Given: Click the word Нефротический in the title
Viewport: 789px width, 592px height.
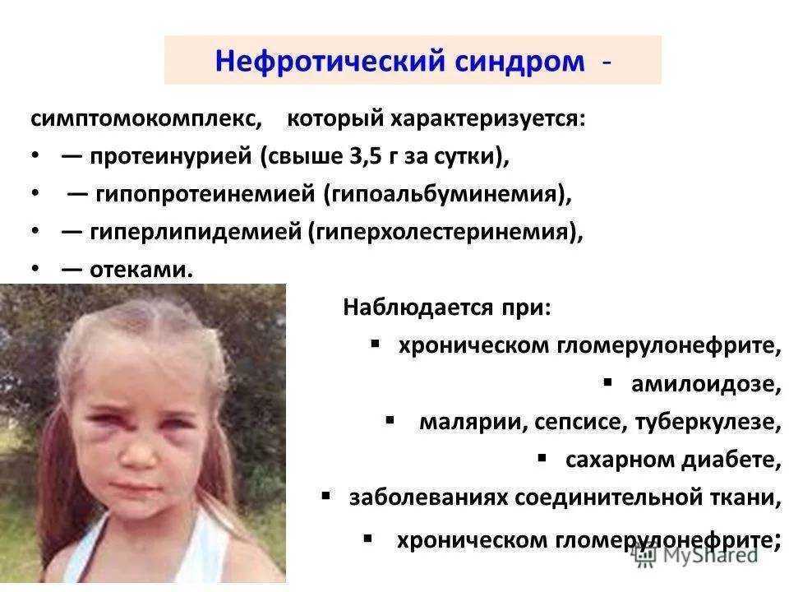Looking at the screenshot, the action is tap(330, 62).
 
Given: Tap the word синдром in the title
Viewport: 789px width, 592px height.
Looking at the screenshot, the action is tap(519, 62).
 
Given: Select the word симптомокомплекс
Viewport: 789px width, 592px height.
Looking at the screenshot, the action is tap(146, 119).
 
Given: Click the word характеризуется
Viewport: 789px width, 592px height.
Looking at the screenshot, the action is tap(488, 119).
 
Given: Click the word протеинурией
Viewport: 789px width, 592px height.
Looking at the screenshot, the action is tap(171, 156).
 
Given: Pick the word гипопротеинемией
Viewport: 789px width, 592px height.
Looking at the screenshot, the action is tap(205, 194).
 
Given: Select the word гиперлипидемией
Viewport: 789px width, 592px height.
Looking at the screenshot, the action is tap(196, 232).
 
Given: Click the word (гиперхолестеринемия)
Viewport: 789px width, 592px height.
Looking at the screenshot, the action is tap(445, 232).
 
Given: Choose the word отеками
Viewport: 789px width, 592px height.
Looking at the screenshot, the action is tap(141, 271).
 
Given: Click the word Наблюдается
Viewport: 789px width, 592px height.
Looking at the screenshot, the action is tap(418, 307).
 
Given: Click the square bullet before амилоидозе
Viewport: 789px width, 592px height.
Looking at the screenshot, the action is tap(608, 383).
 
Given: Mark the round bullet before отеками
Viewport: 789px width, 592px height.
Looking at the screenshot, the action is tap(35, 270).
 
